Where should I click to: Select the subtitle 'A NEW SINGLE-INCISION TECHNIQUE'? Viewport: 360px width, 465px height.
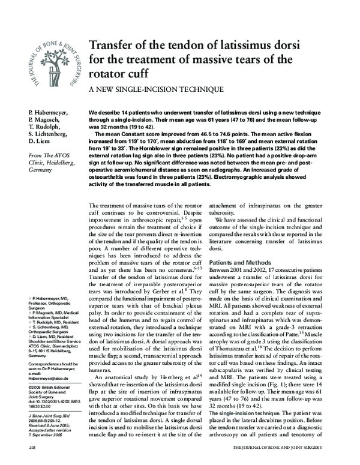click(x=156, y=89)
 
